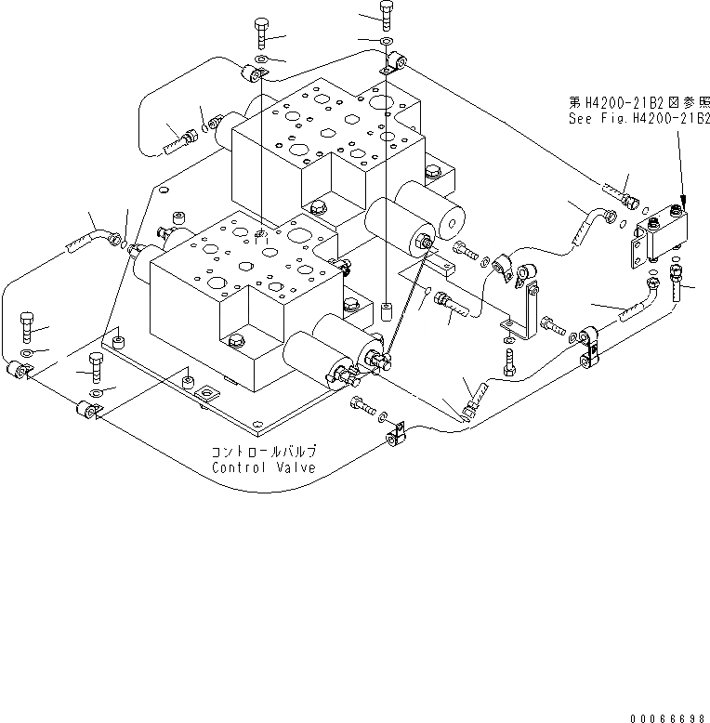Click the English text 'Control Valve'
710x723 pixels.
tap(263, 467)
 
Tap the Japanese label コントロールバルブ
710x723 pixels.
tap(264, 452)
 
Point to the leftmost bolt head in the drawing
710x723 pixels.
tap(27, 325)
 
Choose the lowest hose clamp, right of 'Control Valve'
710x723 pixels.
tap(394, 433)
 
